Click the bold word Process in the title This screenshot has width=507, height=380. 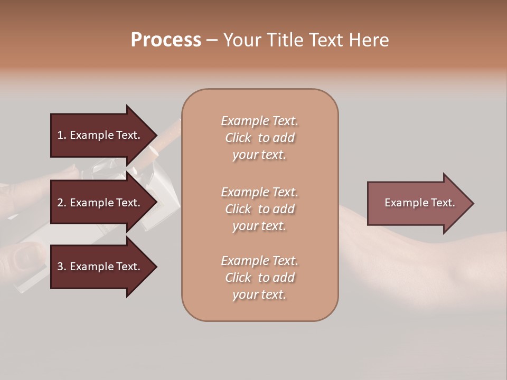click(x=166, y=40)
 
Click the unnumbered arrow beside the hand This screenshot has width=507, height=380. click(x=417, y=203)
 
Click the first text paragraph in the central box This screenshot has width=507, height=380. click(x=259, y=138)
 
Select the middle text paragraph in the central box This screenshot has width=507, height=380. click(x=259, y=209)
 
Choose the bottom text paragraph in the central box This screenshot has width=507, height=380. click(x=259, y=278)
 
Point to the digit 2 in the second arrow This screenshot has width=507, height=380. click(x=60, y=203)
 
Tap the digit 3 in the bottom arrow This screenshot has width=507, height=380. click(x=60, y=267)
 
